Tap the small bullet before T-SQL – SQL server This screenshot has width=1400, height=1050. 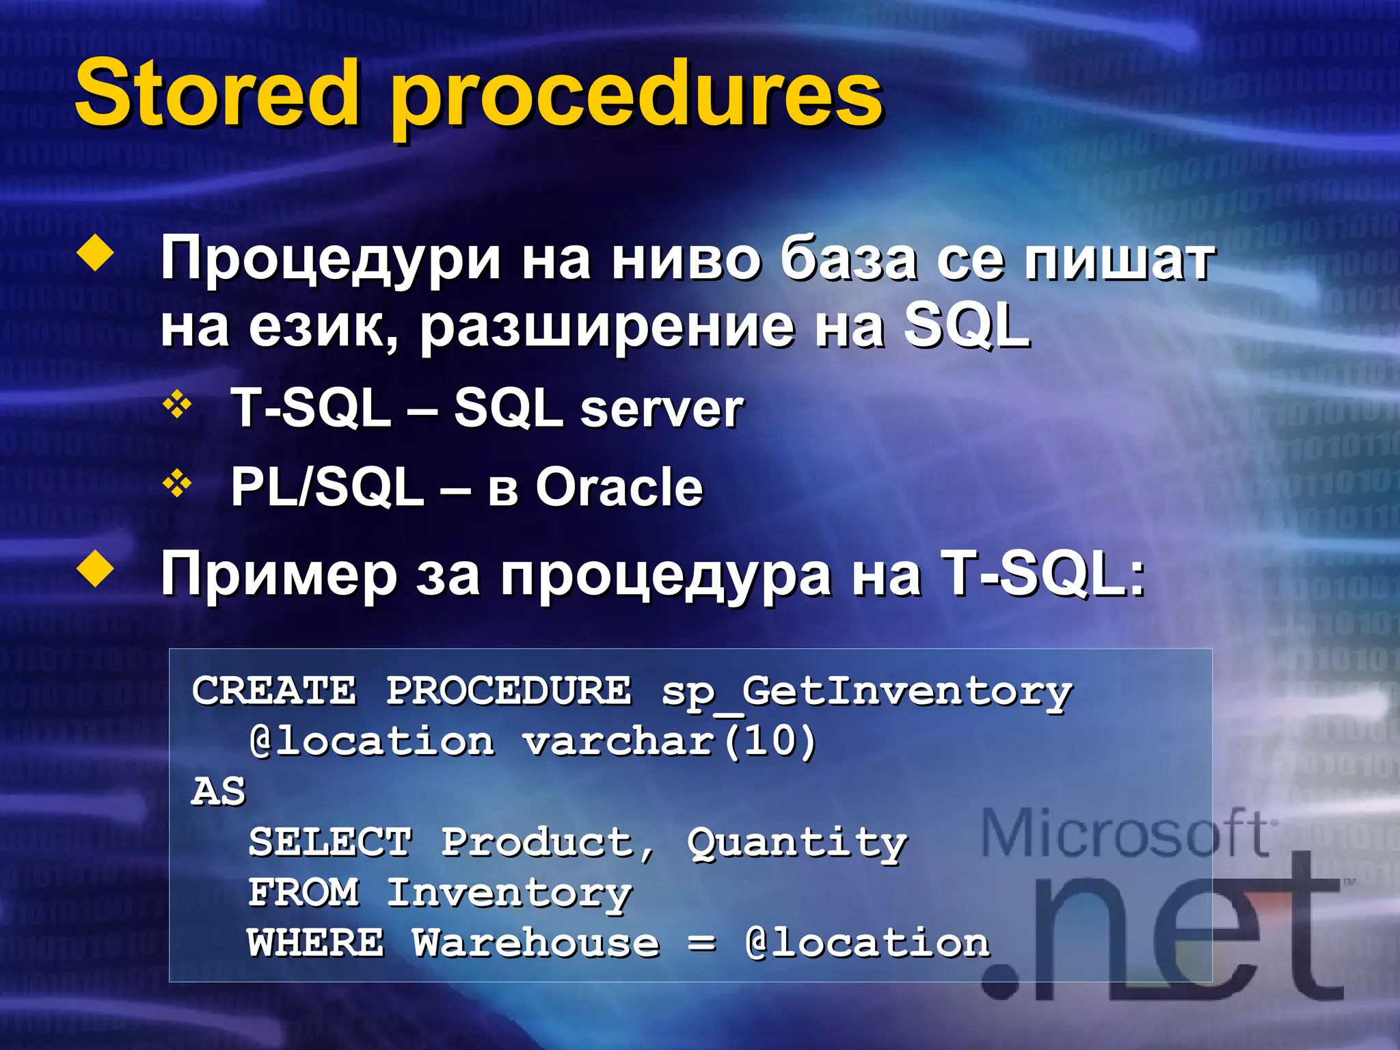(x=177, y=405)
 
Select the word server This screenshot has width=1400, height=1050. (x=662, y=410)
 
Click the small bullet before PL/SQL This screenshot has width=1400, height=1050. (x=177, y=485)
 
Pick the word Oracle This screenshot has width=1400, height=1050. (x=619, y=488)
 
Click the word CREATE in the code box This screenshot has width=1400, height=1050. (x=274, y=690)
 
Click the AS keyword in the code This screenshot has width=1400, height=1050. (x=218, y=792)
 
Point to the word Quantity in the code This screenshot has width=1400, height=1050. (x=797, y=843)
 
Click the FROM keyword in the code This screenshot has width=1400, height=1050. (x=304, y=892)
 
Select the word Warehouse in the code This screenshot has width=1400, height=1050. (x=536, y=943)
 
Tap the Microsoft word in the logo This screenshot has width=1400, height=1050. (x=1125, y=834)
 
